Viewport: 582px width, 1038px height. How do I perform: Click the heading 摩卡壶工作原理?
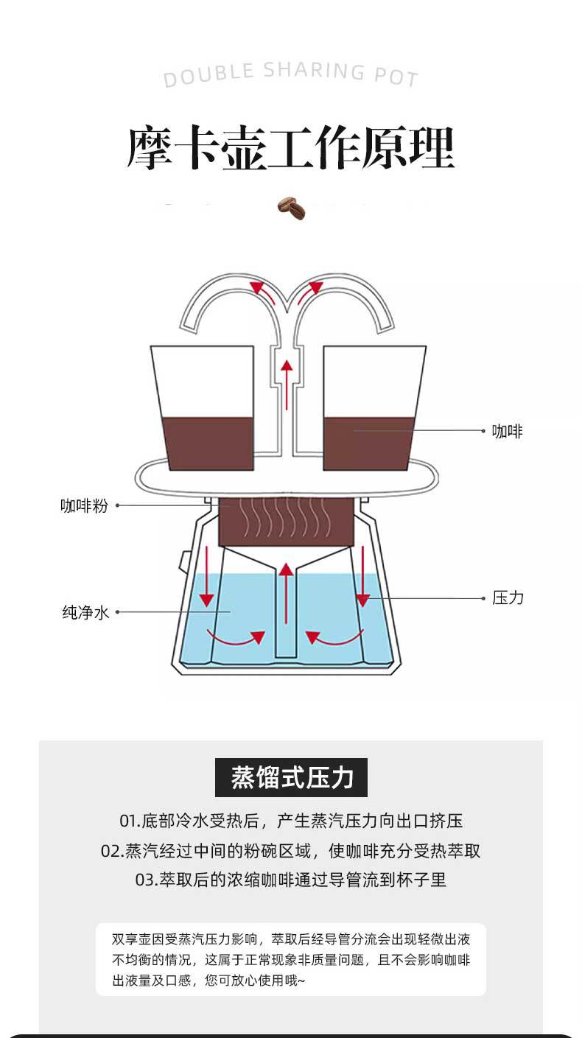[290, 148]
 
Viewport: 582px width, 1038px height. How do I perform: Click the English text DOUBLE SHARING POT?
[290, 74]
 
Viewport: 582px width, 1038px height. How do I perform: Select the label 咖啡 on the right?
[507, 432]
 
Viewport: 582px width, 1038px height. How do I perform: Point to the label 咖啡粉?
[84, 506]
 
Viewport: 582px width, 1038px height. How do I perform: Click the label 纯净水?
[85, 612]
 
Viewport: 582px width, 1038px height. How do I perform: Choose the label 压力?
[508, 597]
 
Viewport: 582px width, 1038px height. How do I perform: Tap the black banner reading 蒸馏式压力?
[291, 777]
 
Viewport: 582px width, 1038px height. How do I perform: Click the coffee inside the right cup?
[368, 443]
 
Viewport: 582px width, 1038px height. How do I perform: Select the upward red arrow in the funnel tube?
[287, 593]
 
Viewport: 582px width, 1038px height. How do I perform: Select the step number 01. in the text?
[130, 821]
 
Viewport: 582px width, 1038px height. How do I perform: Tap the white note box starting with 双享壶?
[291, 959]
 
